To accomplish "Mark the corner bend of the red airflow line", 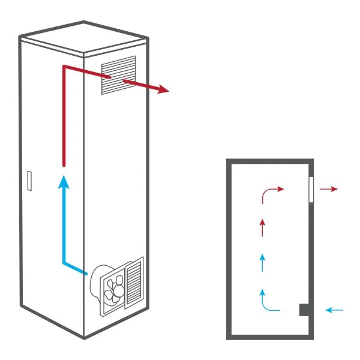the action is coord(64,68).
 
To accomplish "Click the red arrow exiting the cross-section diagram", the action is coord(329,189).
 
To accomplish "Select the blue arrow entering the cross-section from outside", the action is coord(334,310).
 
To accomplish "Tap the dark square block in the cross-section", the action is coord(305,310).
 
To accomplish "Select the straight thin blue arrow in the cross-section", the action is coord(262,262).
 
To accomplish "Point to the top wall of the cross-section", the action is coord(270,161).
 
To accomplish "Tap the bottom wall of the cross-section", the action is coord(270,337).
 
